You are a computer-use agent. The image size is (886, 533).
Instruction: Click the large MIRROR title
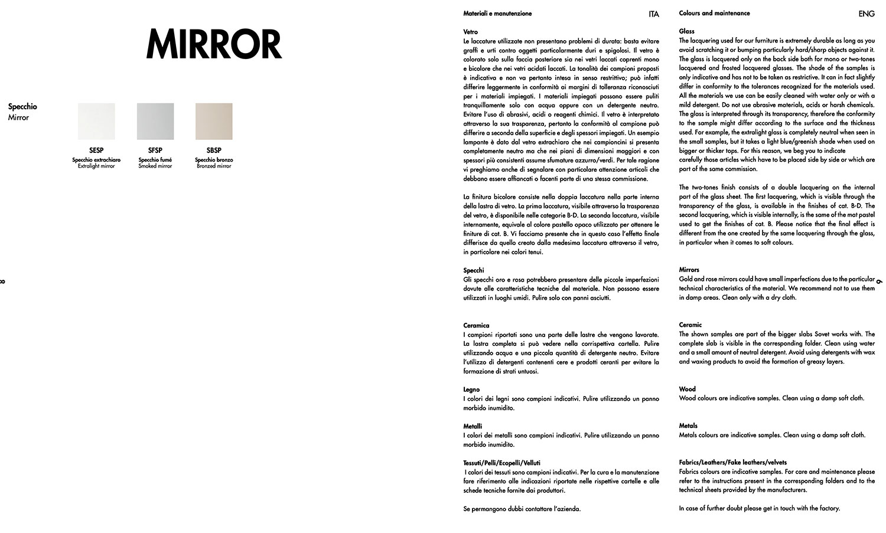coord(214,44)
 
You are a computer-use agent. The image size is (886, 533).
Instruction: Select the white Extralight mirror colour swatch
coord(96,122)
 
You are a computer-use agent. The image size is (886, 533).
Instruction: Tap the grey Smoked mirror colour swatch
coord(155,122)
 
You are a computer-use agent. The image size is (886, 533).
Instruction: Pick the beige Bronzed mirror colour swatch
coord(214,122)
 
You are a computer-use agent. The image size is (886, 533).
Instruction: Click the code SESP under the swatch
coord(96,151)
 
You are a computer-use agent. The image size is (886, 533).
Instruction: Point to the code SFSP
coord(155,151)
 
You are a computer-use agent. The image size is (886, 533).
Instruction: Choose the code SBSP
coord(214,151)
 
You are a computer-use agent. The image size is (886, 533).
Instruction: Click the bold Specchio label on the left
coord(22,107)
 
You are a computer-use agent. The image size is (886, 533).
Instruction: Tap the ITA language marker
coord(653,14)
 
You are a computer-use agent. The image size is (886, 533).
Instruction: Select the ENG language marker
coord(867,14)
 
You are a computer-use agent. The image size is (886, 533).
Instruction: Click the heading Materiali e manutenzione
coord(497,14)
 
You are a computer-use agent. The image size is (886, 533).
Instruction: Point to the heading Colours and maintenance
coord(714,13)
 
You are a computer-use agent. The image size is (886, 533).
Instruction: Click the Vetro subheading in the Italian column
coord(471,32)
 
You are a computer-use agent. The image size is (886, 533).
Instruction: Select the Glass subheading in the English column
coord(687,31)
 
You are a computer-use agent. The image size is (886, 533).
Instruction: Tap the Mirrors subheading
coord(689,270)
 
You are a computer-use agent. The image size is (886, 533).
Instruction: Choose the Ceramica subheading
coord(476,325)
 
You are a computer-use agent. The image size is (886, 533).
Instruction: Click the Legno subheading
coord(471,390)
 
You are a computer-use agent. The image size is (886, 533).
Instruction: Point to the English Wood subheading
coord(688,389)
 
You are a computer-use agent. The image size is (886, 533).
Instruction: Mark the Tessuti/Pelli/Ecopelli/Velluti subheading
coord(501,463)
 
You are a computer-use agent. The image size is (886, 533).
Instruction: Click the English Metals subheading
coord(688,426)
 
